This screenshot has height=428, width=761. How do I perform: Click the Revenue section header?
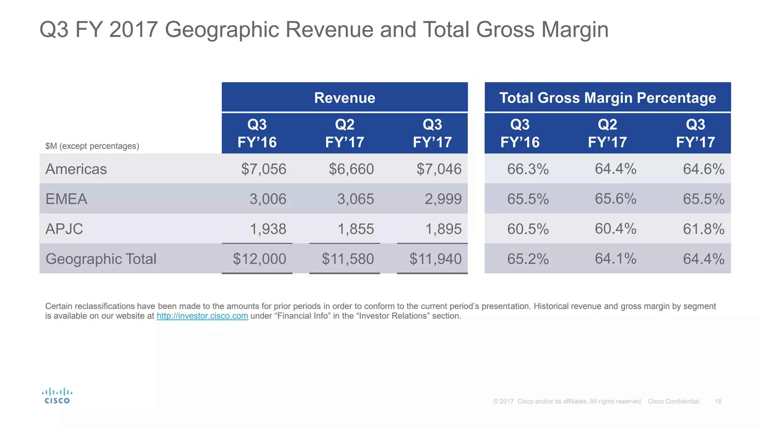(x=344, y=98)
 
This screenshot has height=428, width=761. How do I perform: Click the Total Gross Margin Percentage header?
(x=608, y=98)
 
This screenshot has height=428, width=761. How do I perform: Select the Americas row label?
(x=76, y=169)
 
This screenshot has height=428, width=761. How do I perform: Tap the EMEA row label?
(x=67, y=199)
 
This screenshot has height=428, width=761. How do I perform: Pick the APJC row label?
(x=64, y=229)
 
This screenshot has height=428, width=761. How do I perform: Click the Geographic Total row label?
(x=101, y=259)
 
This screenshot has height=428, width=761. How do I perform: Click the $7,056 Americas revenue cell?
(x=263, y=169)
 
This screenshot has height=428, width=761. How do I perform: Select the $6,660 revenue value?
(x=351, y=169)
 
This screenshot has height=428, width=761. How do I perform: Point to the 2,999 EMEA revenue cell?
(x=443, y=199)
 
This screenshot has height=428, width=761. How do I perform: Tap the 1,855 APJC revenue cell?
(x=355, y=229)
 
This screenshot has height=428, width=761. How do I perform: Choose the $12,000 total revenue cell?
(x=259, y=259)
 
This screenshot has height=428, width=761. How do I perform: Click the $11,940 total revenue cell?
(x=435, y=259)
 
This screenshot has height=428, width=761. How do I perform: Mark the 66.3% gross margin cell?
(x=528, y=169)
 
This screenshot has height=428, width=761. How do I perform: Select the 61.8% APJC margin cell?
(x=703, y=229)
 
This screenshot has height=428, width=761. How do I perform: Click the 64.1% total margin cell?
(x=615, y=259)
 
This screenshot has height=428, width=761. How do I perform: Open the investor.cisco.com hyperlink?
(x=202, y=316)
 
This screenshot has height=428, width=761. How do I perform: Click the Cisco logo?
(x=57, y=396)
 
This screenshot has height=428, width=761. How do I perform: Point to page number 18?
(x=718, y=401)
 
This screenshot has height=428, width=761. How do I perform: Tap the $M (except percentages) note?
(x=92, y=146)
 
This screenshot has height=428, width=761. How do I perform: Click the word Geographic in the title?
(x=222, y=29)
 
